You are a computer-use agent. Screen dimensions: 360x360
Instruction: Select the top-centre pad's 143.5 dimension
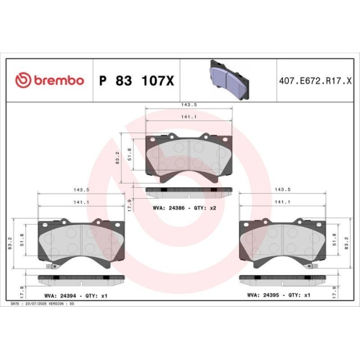189,105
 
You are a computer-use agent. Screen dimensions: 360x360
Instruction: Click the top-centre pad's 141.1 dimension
189,114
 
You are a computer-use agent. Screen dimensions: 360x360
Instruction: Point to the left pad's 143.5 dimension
81,190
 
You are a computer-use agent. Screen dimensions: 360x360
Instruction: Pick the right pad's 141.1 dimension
283,202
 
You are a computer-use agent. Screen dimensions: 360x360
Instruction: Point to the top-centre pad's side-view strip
189,191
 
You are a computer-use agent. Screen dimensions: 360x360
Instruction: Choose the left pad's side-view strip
81,276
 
